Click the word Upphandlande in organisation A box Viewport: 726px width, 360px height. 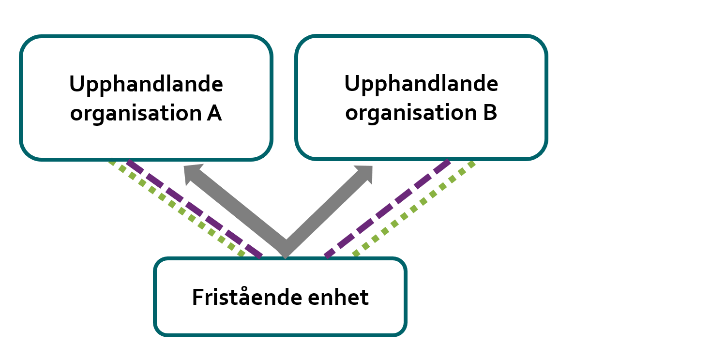coord(146,85)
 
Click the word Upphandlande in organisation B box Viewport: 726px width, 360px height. coord(421,84)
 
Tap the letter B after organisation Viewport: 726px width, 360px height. coord(489,113)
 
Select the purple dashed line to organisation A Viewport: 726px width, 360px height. coord(194,208)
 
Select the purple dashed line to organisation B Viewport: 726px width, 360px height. coord(387,208)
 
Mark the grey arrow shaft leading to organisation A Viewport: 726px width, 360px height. coord(237,210)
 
